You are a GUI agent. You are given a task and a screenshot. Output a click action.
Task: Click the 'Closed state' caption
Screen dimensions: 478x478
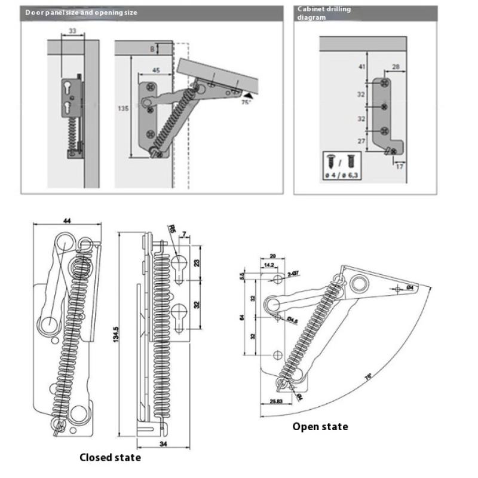(111, 458)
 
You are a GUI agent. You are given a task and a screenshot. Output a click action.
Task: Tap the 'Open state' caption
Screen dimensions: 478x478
(320, 427)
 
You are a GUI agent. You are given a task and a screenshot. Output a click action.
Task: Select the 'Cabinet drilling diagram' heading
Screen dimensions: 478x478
(324, 13)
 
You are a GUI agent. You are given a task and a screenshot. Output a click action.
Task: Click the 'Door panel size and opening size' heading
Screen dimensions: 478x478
(82, 12)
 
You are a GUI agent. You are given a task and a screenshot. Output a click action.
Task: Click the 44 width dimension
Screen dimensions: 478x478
(66, 221)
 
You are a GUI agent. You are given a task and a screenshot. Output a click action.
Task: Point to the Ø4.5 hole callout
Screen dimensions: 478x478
(293, 321)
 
